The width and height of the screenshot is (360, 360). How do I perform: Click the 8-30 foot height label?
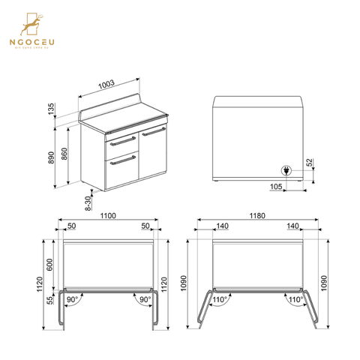(x=87, y=199)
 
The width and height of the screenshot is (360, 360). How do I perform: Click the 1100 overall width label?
(x=108, y=215)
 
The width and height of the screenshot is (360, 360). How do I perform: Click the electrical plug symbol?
(x=286, y=169)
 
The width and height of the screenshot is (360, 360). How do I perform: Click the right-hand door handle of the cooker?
(x=153, y=132)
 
